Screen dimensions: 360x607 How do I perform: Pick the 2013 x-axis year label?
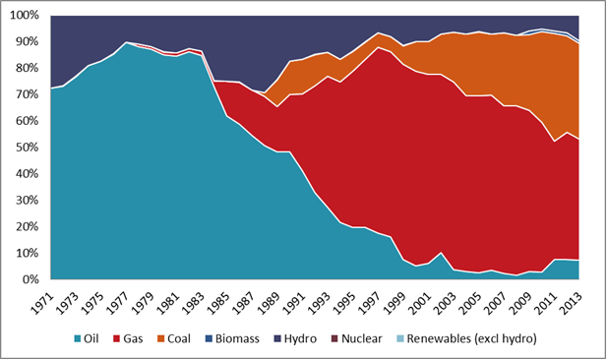coord(570,299)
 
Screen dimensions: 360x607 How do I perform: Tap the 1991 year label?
coord(291,299)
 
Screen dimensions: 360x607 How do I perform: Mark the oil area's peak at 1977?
coord(127,43)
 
